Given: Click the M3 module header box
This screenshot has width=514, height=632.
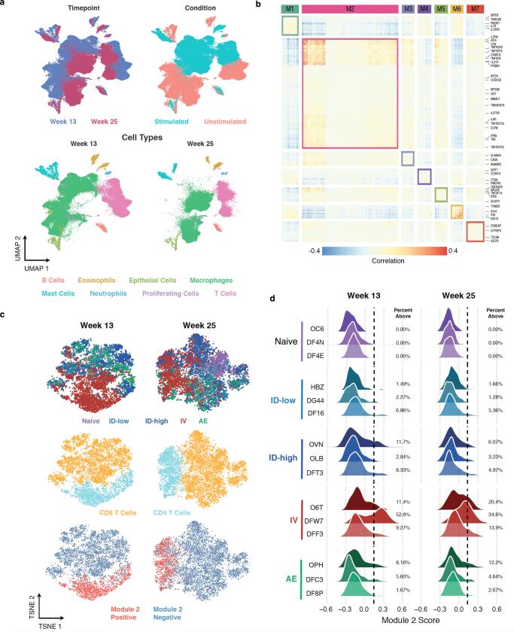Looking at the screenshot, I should (x=408, y=8).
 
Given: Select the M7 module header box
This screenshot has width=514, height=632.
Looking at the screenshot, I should (x=474, y=8).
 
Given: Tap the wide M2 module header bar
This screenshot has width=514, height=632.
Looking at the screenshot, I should (x=350, y=8).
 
